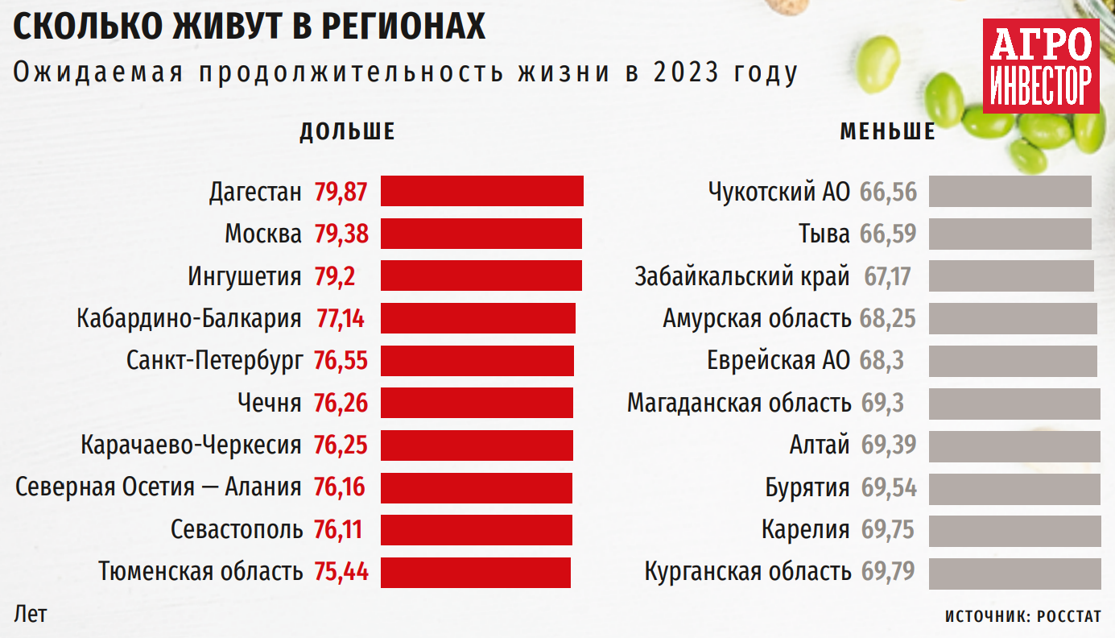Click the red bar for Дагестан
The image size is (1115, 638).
tap(481, 192)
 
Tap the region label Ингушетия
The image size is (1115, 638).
tap(245, 276)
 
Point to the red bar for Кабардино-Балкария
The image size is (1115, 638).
tap(477, 318)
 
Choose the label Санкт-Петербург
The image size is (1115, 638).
tap(215, 360)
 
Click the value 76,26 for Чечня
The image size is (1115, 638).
tap(341, 402)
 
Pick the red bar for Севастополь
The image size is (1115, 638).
tap(476, 530)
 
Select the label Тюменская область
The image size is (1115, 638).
tap(200, 572)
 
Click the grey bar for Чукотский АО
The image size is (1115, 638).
tap(1010, 192)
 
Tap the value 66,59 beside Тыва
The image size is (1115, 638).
tap(888, 234)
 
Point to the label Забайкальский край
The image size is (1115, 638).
tap(741, 276)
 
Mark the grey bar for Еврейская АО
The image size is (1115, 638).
tap(1013, 360)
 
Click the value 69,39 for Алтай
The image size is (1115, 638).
tap(889, 445)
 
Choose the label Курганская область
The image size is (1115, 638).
tap(748, 572)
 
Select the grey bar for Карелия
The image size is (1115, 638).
tap(1014, 530)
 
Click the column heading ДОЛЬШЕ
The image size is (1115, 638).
tap(347, 132)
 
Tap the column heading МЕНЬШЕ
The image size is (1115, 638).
tap(888, 132)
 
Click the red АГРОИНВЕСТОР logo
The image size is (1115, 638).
tap(1040, 67)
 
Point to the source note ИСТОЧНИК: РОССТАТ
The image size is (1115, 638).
tap(1022, 616)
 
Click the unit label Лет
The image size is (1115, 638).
tap(31, 614)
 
